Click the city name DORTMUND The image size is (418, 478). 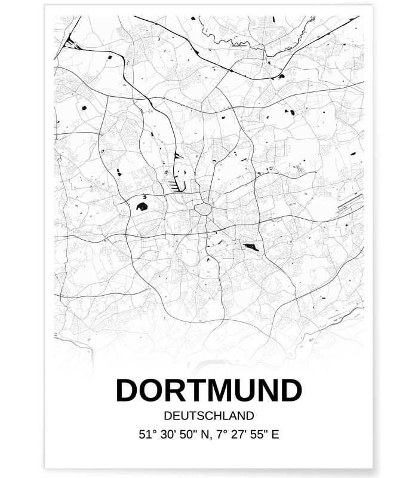209,391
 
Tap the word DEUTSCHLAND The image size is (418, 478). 209,415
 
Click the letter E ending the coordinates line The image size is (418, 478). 274,434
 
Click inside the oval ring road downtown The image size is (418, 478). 202,210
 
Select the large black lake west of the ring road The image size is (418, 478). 142,207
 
